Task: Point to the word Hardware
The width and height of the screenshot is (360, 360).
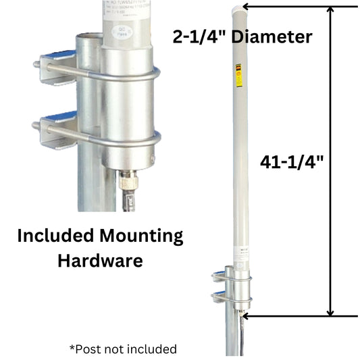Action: click(99, 260)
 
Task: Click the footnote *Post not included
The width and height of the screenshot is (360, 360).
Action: click(123, 349)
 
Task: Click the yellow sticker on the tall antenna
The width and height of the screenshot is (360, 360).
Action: click(236, 75)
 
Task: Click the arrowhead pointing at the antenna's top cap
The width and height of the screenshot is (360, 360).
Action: click(246, 7)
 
